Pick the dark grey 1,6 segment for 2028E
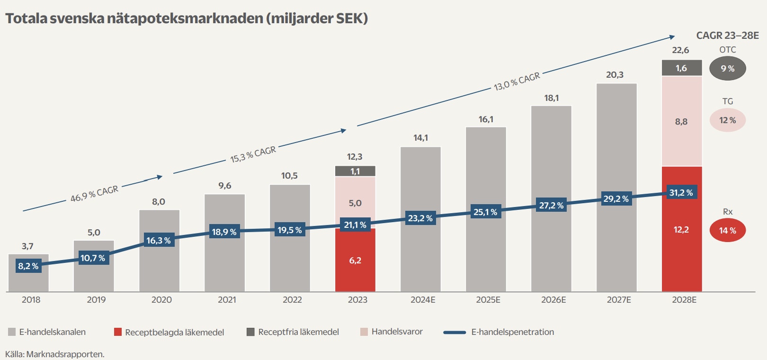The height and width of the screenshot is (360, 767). [681, 68]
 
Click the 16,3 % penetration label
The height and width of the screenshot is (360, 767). [159, 241]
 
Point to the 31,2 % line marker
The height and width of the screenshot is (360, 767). [681, 193]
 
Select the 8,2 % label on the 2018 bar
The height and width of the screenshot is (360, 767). [28, 266]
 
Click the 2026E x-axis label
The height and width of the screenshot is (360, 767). [553, 300]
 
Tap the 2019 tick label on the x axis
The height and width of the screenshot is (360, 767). [96, 300]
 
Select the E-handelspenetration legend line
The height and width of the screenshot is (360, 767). [455, 332]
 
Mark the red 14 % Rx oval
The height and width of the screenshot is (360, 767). [727, 231]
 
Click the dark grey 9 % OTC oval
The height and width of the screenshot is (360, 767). [727, 68]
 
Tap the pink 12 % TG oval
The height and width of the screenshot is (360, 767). [727, 120]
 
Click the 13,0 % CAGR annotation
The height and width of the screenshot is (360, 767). [517, 81]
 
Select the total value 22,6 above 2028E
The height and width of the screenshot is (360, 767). [680, 50]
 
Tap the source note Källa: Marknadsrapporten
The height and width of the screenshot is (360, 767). [55, 354]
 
